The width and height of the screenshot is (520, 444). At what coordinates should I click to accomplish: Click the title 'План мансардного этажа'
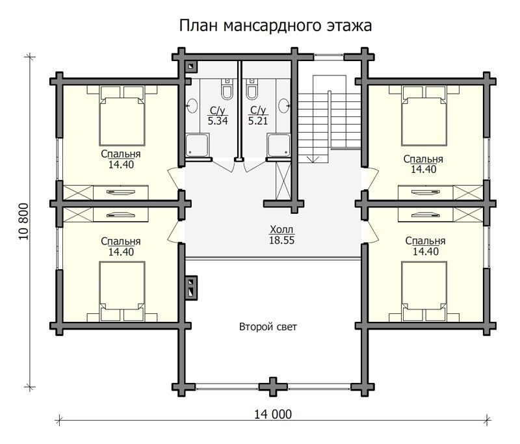pos(275,26)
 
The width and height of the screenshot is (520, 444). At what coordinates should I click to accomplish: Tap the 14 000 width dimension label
pos(273,414)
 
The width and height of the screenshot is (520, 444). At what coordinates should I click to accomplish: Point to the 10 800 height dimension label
pos(24,222)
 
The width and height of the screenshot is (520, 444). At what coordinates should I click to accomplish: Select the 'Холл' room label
pos(281,229)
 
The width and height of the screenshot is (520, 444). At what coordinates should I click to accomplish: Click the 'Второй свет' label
pos(268,327)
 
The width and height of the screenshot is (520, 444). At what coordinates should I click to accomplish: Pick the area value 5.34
pos(218,121)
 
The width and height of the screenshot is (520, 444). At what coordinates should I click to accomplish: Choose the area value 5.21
pos(258,121)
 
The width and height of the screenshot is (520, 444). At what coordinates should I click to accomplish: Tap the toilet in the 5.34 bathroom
pos(227,89)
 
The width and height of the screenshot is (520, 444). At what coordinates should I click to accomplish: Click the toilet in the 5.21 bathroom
pos(252,89)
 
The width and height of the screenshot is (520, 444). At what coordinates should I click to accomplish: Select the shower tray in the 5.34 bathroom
pos(197,145)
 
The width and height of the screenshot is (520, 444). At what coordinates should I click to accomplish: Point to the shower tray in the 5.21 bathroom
pos(279,145)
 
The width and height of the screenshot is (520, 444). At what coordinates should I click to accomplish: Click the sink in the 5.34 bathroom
pos(192,106)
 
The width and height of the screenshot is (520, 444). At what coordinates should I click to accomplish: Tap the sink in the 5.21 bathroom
pos(284,106)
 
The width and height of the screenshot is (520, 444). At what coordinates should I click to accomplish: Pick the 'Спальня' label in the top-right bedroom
pos(423,159)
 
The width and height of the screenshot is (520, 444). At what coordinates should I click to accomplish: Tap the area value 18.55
pos(281,240)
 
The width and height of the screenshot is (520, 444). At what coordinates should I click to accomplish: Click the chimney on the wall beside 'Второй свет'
pos(191,288)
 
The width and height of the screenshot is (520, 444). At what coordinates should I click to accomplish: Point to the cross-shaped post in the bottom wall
pos(273,387)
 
